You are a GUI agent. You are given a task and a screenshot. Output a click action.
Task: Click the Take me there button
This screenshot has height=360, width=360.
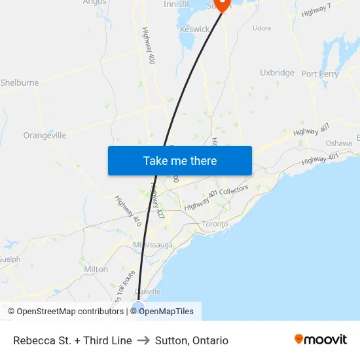click(x=180, y=160)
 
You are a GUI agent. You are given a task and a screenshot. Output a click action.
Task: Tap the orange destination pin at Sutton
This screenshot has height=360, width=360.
click(x=223, y=5)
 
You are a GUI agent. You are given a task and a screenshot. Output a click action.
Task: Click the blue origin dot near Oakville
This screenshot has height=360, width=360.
click(x=138, y=306)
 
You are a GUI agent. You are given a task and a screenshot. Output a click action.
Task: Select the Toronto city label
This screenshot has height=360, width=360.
click(x=215, y=224)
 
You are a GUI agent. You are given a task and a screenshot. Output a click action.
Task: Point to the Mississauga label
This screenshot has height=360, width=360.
click(x=153, y=245)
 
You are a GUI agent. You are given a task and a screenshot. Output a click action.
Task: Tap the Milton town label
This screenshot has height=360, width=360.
click(x=96, y=269)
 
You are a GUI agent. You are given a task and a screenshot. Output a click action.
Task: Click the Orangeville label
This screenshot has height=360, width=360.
click(x=45, y=135)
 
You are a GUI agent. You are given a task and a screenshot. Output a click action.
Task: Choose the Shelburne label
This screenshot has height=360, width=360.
click(x=20, y=83)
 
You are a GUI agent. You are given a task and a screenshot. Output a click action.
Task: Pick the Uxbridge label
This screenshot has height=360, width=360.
click(x=277, y=73)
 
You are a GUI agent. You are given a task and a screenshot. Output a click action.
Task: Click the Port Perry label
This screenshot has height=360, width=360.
click(x=320, y=74)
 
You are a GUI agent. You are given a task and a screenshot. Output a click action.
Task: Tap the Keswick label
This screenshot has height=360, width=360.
click(x=195, y=29)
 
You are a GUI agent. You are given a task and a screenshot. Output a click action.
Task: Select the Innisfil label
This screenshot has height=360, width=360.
click(x=176, y=4)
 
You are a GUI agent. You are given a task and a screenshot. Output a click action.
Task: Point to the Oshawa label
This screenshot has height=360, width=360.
click(x=338, y=143)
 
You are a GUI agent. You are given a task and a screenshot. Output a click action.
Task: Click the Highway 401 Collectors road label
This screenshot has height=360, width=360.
click(x=216, y=198)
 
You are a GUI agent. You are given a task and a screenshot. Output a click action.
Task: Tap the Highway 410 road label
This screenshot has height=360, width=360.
click(x=128, y=211)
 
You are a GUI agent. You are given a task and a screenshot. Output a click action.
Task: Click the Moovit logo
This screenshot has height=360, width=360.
click(x=321, y=340)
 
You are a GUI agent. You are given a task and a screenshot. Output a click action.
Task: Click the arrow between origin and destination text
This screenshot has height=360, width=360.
click(x=143, y=340)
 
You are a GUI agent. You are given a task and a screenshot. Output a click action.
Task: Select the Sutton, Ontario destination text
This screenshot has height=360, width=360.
click(x=192, y=340)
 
